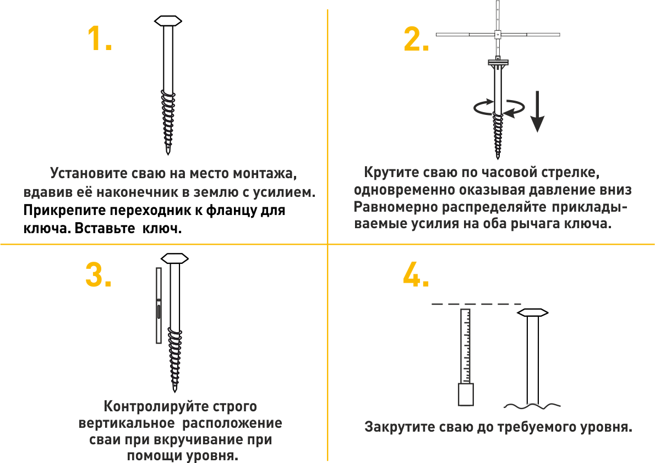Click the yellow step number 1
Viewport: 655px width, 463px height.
pyautogui.click(x=100, y=38)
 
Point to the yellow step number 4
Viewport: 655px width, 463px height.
pyautogui.click(x=416, y=274)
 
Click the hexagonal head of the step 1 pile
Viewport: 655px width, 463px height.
pyautogui.click(x=168, y=21)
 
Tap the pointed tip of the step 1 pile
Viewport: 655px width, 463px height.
pyautogui.click(x=168, y=153)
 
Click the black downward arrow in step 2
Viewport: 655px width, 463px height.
pyautogui.click(x=537, y=112)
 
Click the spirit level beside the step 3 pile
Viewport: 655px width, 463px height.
pyautogui.click(x=159, y=306)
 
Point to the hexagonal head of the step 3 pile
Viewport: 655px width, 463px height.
pyautogui.click(x=175, y=258)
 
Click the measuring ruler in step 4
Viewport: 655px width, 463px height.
pyautogui.click(x=465, y=346)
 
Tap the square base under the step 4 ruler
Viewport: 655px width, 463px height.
pyautogui.click(x=466, y=394)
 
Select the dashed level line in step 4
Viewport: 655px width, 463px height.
pyautogui.click(x=476, y=304)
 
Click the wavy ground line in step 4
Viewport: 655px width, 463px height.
pyautogui.click(x=532, y=405)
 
